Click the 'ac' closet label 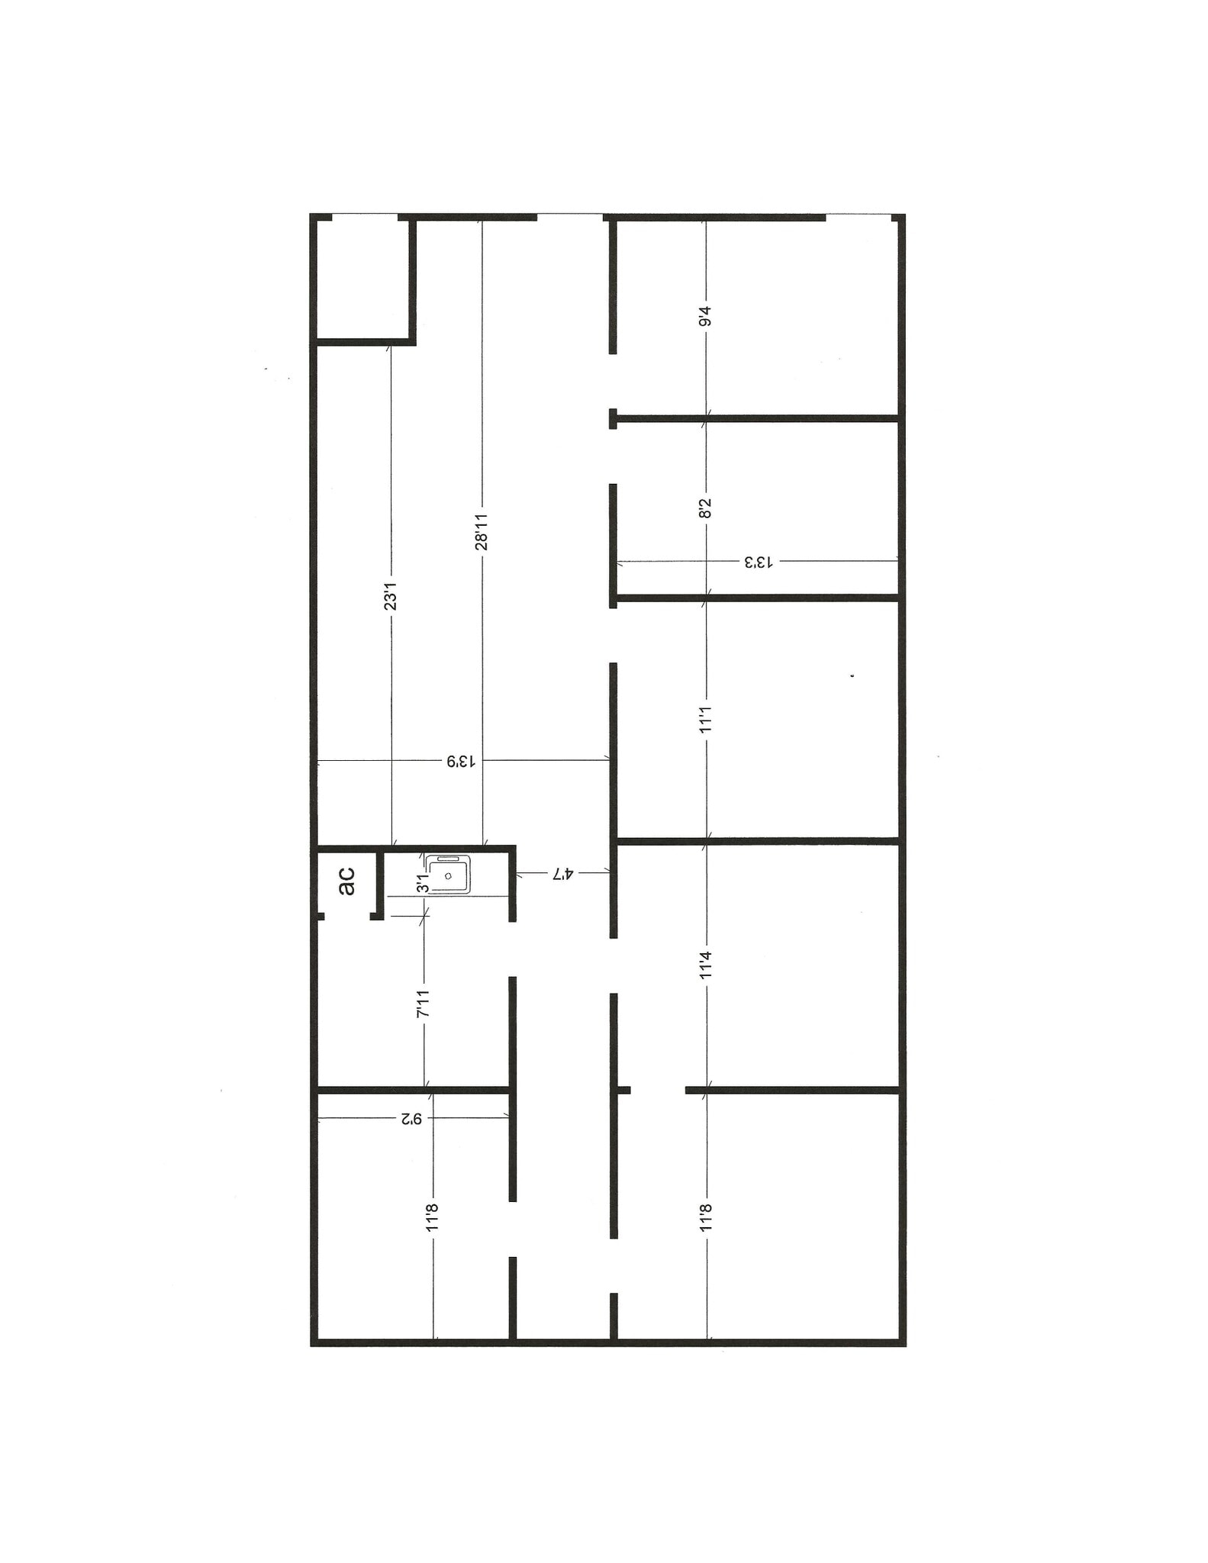346,881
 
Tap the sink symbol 448,875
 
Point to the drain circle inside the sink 448,875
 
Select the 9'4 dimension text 705,316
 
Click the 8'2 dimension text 705,508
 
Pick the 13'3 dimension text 759,562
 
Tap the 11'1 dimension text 705,719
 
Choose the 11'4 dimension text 705,965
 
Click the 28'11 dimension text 482,531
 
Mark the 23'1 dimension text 391,596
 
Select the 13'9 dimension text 462,761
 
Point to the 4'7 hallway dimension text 562,873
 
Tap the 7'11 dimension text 424,1004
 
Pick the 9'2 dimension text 411,1118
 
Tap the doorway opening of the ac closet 347,916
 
